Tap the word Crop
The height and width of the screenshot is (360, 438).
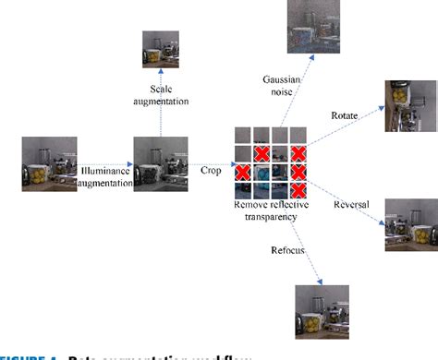pyautogui.click(x=211, y=170)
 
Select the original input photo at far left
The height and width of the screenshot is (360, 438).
pyautogui.click(x=49, y=164)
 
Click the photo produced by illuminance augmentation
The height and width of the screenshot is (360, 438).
pyautogui.click(x=161, y=164)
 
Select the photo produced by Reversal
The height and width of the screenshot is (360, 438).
pyautogui.click(x=411, y=223)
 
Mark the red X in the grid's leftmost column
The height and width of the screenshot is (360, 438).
pyautogui.click(x=243, y=172)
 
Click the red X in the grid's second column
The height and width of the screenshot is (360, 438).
pyautogui.click(x=262, y=153)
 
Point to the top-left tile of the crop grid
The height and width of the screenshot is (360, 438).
pyautogui.click(x=243, y=135)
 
